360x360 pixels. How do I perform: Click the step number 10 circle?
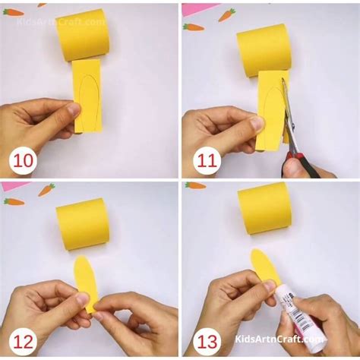tap(24, 161)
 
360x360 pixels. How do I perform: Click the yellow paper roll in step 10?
tap(82, 34)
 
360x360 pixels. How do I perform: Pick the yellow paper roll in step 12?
tap(82, 223)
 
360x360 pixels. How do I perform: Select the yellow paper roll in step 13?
tap(264, 207)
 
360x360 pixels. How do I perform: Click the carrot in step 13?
tap(195, 185)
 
